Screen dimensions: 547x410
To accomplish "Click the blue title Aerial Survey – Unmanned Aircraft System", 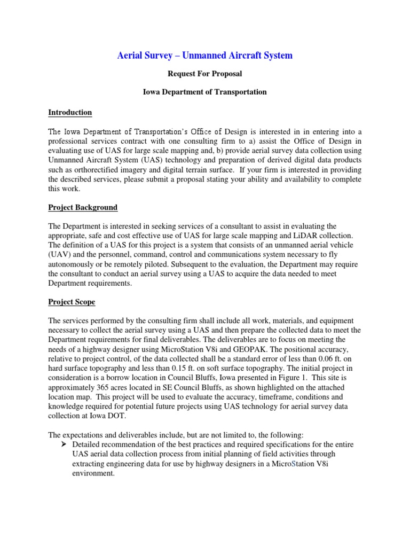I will click(204, 56).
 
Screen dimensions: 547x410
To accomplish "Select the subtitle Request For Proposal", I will click(204, 74).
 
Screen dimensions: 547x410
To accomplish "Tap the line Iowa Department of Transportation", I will click(204, 92).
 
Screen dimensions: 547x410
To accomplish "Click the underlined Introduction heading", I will click(70, 112).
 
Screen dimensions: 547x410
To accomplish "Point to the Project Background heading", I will click(83, 207).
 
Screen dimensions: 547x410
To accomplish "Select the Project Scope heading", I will click(72, 302).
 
